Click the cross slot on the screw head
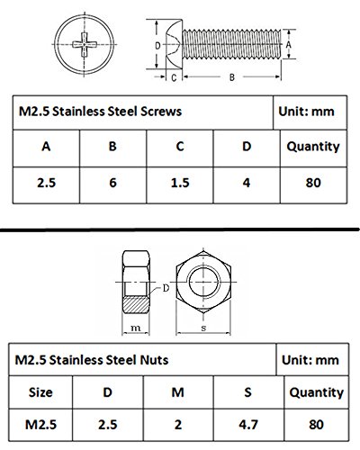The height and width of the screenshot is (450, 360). tap(85, 45)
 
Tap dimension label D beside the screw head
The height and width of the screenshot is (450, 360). tap(157, 46)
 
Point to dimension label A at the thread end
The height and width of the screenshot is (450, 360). tap(288, 45)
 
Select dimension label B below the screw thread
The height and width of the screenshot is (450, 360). tap(232, 77)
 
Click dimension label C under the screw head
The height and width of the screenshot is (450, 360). tap(174, 77)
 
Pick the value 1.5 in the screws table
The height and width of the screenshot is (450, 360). tap(180, 183)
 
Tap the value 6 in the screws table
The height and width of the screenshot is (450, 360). tap(112, 183)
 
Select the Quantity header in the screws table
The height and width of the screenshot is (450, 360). tap(313, 147)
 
